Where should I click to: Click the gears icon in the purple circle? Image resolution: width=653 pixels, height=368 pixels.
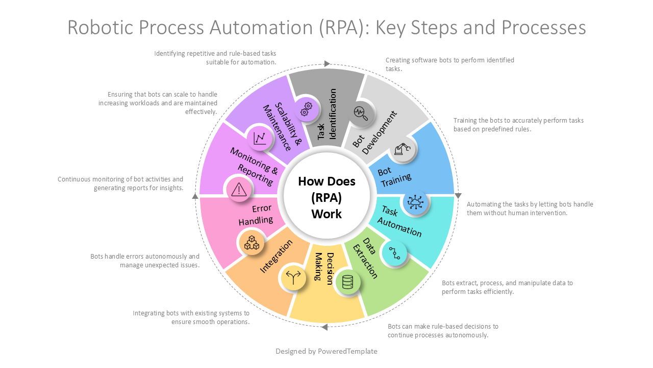(306, 109)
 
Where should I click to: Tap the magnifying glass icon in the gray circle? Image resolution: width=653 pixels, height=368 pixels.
(361, 113)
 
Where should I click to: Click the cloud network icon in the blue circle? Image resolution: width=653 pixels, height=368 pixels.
(415, 202)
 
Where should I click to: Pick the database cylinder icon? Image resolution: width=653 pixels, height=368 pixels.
(347, 282)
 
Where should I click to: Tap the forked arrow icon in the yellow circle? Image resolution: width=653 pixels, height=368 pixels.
(293, 278)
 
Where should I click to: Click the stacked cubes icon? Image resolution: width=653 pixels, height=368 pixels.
(252, 243)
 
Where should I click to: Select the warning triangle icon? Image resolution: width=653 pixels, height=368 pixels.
(239, 189)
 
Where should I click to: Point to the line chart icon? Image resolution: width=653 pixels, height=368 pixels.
(260, 138)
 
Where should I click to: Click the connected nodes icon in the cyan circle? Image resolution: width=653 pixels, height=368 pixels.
(394, 253)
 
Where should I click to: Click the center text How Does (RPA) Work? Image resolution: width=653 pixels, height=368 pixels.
(326, 198)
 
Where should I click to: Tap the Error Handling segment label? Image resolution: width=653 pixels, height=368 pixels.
(256, 215)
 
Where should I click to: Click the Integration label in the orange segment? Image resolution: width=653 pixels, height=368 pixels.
(276, 257)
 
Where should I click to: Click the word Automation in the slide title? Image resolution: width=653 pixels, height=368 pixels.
(261, 28)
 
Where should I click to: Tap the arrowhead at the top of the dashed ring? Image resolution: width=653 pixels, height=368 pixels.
(327, 64)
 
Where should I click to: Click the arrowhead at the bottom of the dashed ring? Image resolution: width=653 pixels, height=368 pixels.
(324, 327)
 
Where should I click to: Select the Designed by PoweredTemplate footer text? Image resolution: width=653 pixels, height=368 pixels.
(326, 351)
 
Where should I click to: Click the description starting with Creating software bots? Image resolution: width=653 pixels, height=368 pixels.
(450, 64)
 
